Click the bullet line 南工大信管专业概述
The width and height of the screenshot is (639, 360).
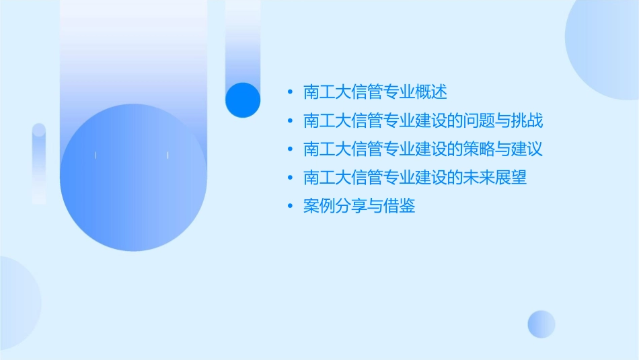pyautogui.click(x=375, y=92)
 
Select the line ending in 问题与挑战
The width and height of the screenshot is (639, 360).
pyautogui.click(x=423, y=121)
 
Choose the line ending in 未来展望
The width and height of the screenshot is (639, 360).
pyautogui.click(x=415, y=178)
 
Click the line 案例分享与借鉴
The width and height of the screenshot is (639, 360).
pyautogui.click(x=359, y=206)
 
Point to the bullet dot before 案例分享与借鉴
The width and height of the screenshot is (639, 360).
pyautogui.click(x=289, y=206)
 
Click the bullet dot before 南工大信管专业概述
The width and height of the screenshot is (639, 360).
pyautogui.click(x=289, y=92)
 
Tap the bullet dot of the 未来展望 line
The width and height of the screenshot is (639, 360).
pyautogui.click(x=289, y=178)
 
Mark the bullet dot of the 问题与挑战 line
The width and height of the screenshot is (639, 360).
pyautogui.click(x=289, y=121)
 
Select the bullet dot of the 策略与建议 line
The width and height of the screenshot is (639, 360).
pyautogui.click(x=289, y=149)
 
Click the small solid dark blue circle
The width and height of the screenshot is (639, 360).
pyautogui.click(x=243, y=100)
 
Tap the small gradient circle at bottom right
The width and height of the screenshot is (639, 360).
pyautogui.click(x=541, y=324)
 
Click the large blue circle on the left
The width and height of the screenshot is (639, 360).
pyautogui.click(x=133, y=178)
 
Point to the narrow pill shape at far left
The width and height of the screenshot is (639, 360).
pyautogui.click(x=39, y=163)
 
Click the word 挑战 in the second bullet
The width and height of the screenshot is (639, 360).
pyautogui.click(x=527, y=121)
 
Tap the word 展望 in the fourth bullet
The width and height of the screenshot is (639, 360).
pyautogui.click(x=511, y=178)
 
